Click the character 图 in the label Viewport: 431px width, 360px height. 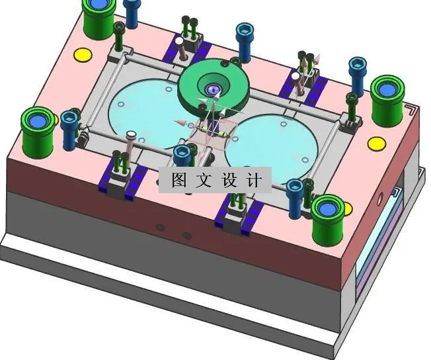tap(179, 180)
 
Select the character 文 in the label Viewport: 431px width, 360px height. tap(205, 180)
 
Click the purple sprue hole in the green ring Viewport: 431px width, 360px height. tap(212, 89)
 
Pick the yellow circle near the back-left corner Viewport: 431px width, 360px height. tap(83, 54)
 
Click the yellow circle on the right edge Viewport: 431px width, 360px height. tap(376, 143)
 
